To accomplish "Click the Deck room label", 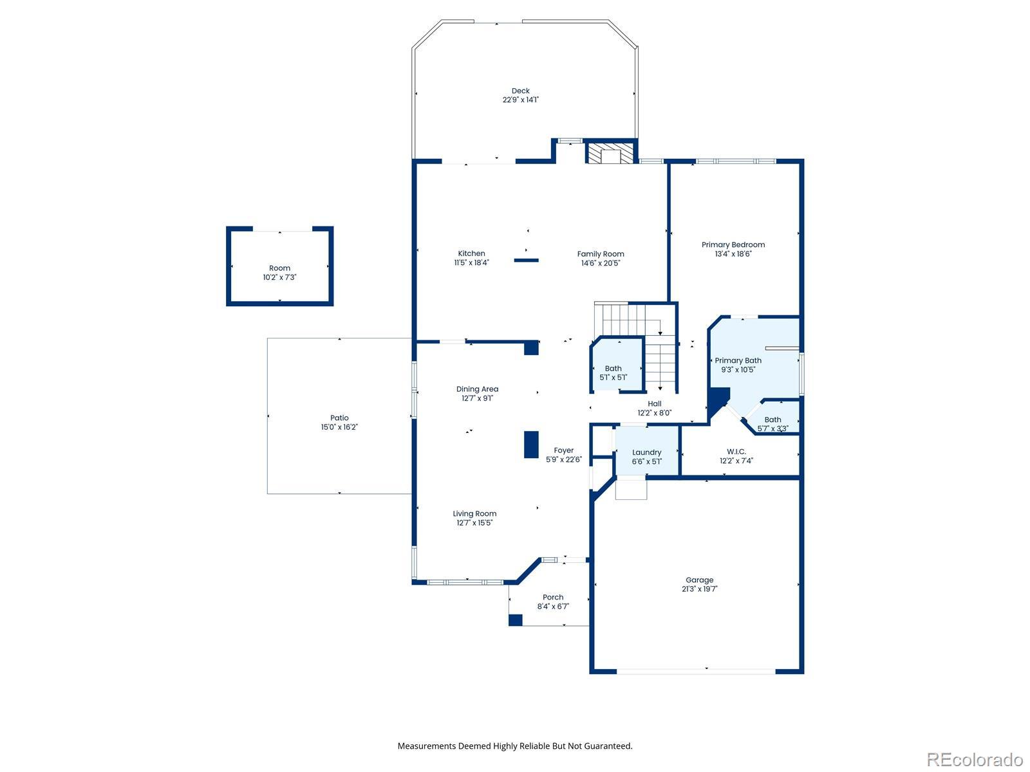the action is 520,91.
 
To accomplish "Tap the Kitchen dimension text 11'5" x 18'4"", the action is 472,262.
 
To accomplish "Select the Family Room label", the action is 601,254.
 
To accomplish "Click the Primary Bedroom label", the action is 733,244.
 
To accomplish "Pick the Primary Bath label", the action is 738,360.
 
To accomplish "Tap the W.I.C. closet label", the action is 736,452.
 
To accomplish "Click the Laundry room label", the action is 646,452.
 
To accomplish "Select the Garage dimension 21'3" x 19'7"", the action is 700,589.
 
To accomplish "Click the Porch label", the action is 553,597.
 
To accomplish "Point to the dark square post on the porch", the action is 515,620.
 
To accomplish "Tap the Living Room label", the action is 474,514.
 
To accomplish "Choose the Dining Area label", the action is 477,389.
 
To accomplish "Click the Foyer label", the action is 563,450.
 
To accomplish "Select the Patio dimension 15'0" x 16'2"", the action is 339,427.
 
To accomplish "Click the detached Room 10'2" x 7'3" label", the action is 279,268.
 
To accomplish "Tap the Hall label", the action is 655,403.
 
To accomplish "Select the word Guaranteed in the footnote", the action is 609,746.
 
